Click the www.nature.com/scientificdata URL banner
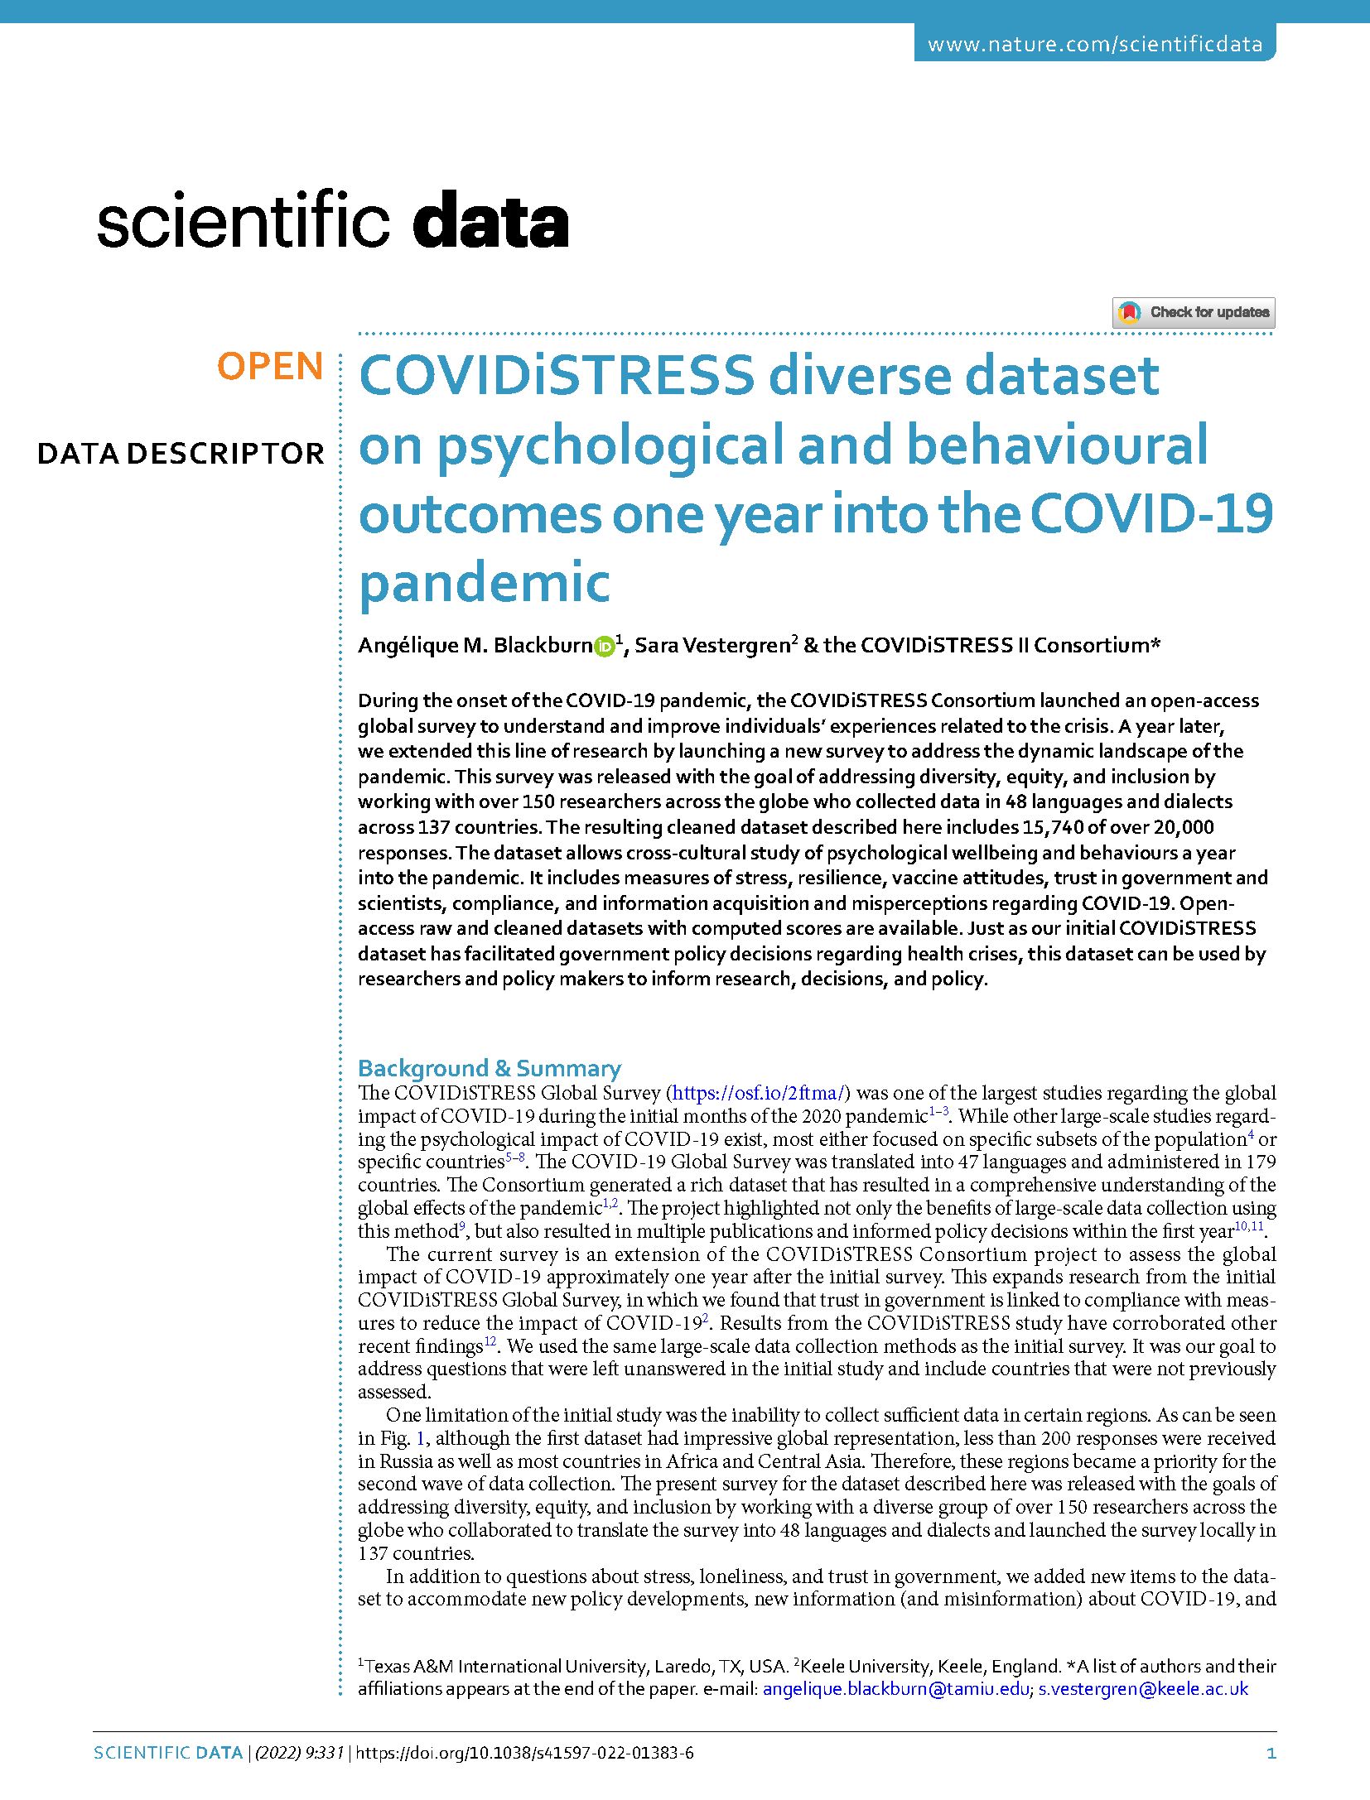[1094, 44]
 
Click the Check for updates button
[1193, 312]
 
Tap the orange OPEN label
[270, 366]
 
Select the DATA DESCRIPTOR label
[181, 454]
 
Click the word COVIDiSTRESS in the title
[557, 376]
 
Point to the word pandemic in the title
[485, 582]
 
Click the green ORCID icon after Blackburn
[605, 647]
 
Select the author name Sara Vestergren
[712, 646]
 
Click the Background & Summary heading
[489, 1068]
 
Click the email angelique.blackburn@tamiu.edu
[895, 1688]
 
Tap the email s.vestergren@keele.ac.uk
[1143, 1688]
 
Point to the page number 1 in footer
[1271, 1753]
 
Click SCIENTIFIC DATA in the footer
[168, 1753]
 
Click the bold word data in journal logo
[490, 221]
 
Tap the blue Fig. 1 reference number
[421, 1438]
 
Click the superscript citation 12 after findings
[490, 1341]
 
